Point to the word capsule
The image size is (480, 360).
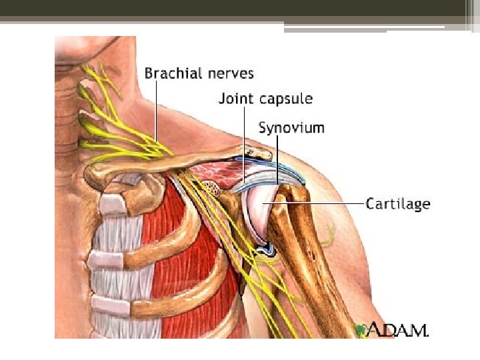point(285,99)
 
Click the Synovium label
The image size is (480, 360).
point(291,127)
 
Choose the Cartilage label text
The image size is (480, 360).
point(398,203)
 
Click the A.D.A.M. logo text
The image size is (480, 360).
point(399,329)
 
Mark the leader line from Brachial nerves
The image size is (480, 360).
point(156,113)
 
